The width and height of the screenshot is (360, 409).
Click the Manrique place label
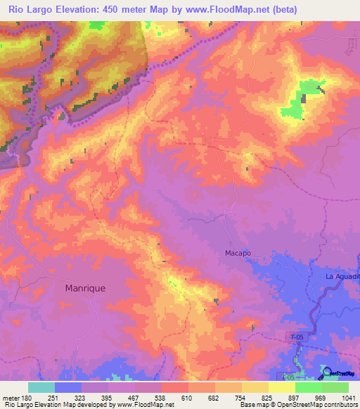(85, 287)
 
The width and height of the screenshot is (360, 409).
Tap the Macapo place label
(238, 253)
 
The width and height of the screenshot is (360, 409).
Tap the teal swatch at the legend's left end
(41, 387)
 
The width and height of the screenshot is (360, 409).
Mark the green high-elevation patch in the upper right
(302, 98)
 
